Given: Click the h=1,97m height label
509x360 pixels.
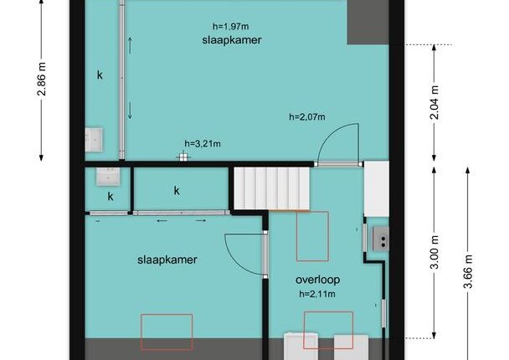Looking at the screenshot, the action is pyautogui.click(x=231, y=26).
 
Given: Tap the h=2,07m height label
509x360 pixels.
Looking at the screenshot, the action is pyautogui.click(x=307, y=116).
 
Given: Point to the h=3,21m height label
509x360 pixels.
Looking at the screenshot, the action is pyautogui.click(x=203, y=143).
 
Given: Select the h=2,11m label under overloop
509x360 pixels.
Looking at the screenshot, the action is pyautogui.click(x=317, y=294).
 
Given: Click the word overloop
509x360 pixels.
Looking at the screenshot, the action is pyautogui.click(x=318, y=280).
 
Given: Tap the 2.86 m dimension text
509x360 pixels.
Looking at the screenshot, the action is pyautogui.click(x=42, y=79).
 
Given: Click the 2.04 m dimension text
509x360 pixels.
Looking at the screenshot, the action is pyautogui.click(x=434, y=102).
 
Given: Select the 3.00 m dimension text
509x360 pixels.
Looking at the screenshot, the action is pyautogui.click(x=434, y=252).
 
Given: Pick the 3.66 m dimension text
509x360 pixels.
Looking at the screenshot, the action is pyautogui.click(x=468, y=271).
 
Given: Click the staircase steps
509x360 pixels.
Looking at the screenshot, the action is pyautogui.click(x=272, y=188).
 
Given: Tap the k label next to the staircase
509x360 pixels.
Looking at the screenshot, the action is pyautogui.click(x=177, y=191).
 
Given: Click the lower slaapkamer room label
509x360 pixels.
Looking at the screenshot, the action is pyautogui.click(x=167, y=260).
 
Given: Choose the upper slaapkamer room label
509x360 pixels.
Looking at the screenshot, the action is pyautogui.click(x=232, y=40).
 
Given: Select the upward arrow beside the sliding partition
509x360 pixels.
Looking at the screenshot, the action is pyautogui.click(x=130, y=45).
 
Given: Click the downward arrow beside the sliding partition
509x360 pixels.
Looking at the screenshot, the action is pyautogui.click(x=130, y=111).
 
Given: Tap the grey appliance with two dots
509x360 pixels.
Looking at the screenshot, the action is pyautogui.click(x=380, y=239).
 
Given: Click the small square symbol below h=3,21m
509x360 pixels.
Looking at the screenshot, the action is pyautogui.click(x=183, y=157).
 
